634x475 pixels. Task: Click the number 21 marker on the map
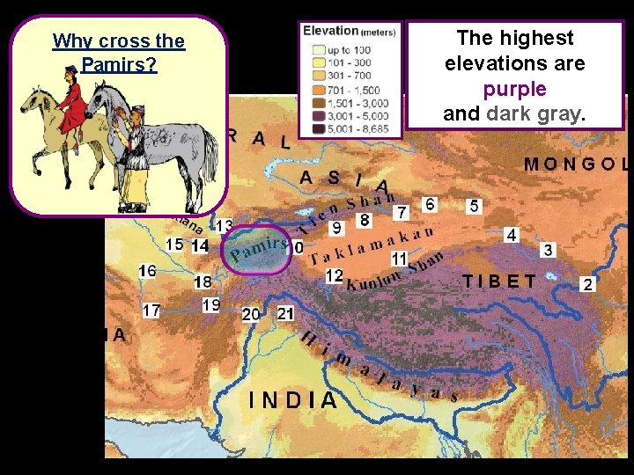point(285,313)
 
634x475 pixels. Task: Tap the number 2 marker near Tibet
point(588,284)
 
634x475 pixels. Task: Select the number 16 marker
point(147,271)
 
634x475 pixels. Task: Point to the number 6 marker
point(430,204)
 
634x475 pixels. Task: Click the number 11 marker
point(399,259)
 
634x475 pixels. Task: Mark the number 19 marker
point(211,305)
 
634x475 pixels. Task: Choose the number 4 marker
point(512,235)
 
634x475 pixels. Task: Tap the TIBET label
point(499,281)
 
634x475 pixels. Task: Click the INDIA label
point(293,400)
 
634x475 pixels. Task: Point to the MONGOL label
point(577,164)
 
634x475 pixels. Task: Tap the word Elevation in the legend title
point(330,30)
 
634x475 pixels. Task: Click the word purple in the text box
point(514,89)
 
